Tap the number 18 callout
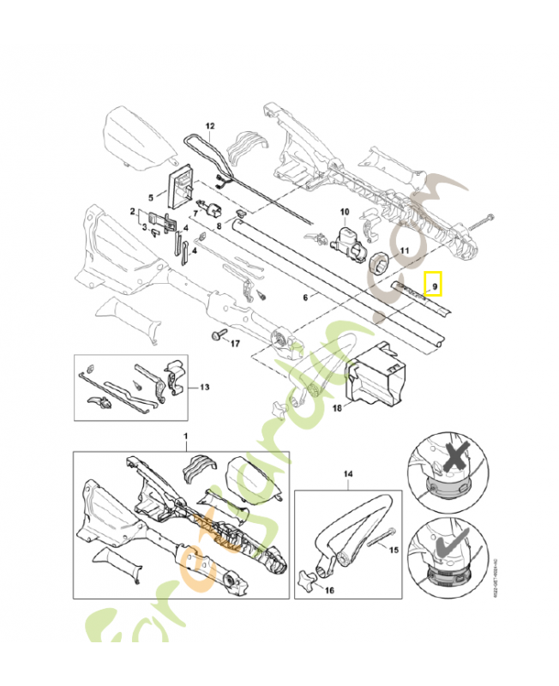[337, 408]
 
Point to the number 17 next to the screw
[232, 344]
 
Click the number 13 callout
[203, 387]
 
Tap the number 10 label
[345, 212]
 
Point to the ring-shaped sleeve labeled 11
[378, 262]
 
